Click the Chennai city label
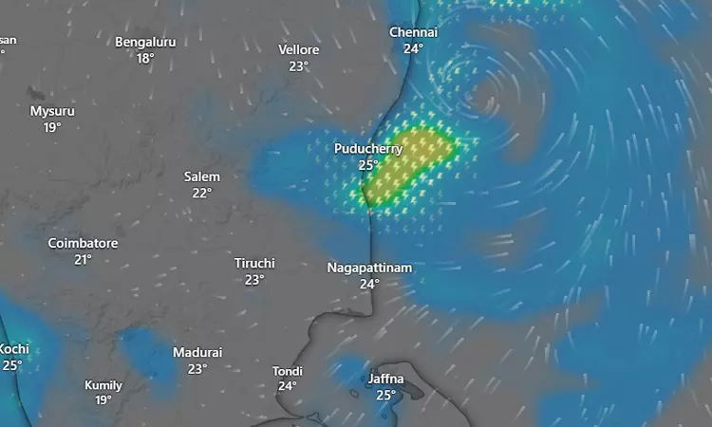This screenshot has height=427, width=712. pos(413,32)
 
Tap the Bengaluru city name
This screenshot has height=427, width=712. pos(145,42)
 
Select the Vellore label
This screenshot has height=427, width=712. pos(299,49)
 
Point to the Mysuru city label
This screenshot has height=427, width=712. pos(52,111)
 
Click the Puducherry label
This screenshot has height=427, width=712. pos(368,149)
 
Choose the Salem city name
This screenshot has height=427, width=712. pos(202,176)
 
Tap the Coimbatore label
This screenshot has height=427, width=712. pos(84,243)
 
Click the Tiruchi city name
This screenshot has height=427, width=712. pos(254,263)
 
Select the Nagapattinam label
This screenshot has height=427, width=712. pos(369,268)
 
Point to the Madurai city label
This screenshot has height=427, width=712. pos(197,352)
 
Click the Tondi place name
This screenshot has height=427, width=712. pos(288,370)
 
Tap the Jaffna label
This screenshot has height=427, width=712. pos(385,379)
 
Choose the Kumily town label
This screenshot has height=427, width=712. pos(103,385)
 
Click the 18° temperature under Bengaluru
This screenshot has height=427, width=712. pos(145,58)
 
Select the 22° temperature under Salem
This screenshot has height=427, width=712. pos(202,193)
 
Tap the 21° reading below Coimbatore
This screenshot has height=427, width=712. pos(84,259)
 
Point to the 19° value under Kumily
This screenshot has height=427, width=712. pos(103,400)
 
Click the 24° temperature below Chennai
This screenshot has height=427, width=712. pos(413,48)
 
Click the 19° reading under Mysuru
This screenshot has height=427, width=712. pos(52,127)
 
